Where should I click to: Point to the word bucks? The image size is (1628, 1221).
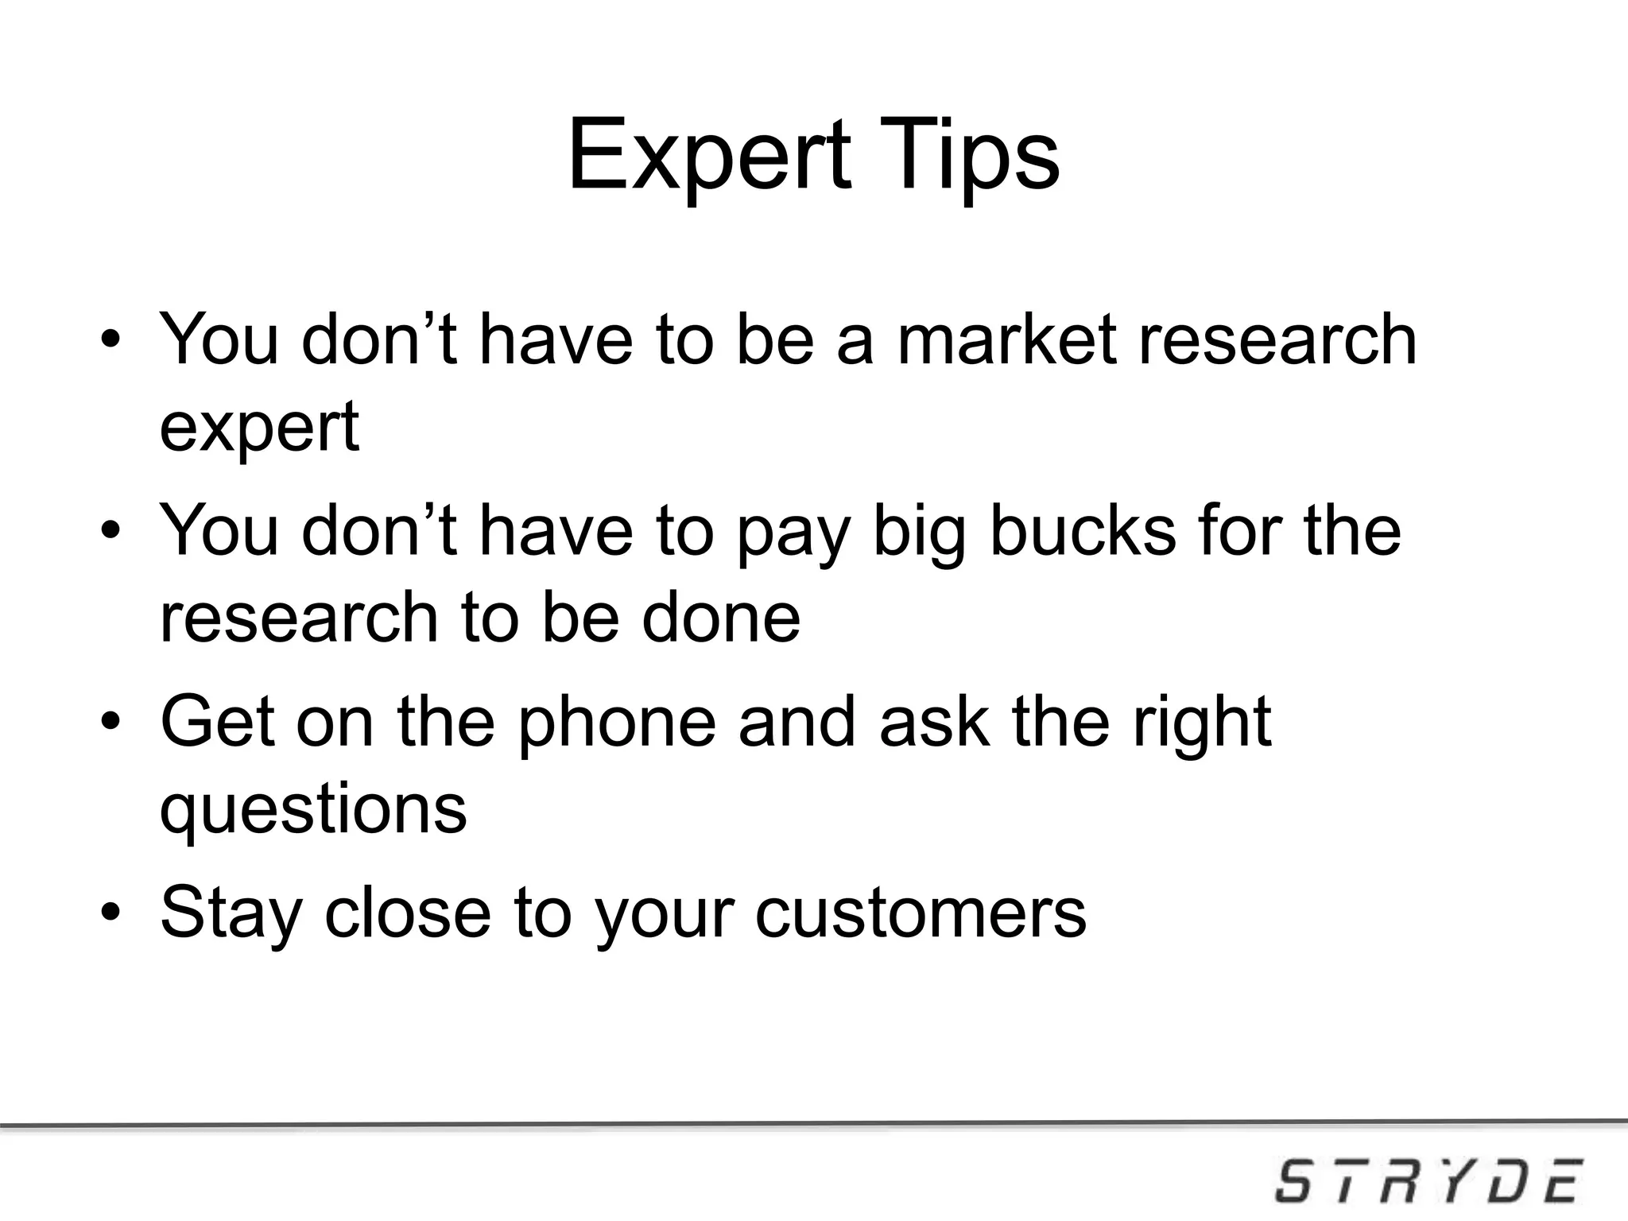[1082, 531]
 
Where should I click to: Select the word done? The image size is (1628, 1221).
[720, 618]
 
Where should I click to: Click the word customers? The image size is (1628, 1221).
[920, 913]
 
